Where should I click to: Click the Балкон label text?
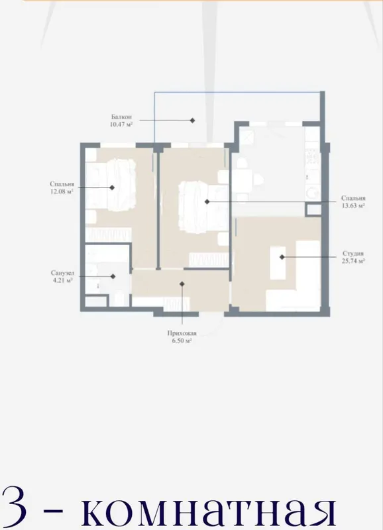(121, 117)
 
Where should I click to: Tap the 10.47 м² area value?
(121, 125)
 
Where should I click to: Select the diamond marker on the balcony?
(192, 121)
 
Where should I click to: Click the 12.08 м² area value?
(62, 191)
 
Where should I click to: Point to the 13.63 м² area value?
(353, 205)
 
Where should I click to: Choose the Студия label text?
(353, 254)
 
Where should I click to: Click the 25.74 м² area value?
(353, 261)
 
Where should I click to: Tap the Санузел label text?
(62, 273)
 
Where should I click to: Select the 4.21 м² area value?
(62, 280)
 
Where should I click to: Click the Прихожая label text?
(182, 333)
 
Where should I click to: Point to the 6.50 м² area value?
(182, 341)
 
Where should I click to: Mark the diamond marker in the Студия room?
(282, 257)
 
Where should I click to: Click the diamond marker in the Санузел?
(113, 276)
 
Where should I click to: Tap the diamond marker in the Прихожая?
(182, 284)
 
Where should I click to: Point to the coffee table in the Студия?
(278, 263)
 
